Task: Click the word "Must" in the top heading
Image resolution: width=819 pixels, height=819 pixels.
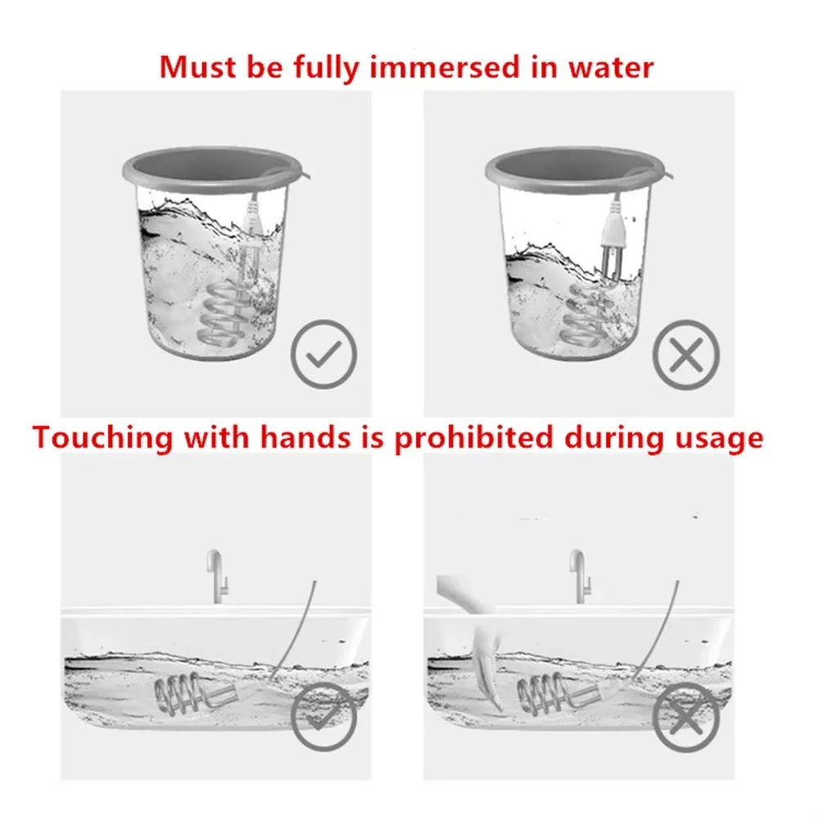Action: click(198, 67)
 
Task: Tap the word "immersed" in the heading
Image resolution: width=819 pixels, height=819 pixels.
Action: click(444, 67)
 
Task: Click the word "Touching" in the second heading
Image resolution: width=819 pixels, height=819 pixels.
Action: click(102, 437)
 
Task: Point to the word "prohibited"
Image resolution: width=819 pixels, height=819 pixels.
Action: click(473, 437)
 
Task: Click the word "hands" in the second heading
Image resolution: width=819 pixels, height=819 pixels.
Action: click(305, 437)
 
